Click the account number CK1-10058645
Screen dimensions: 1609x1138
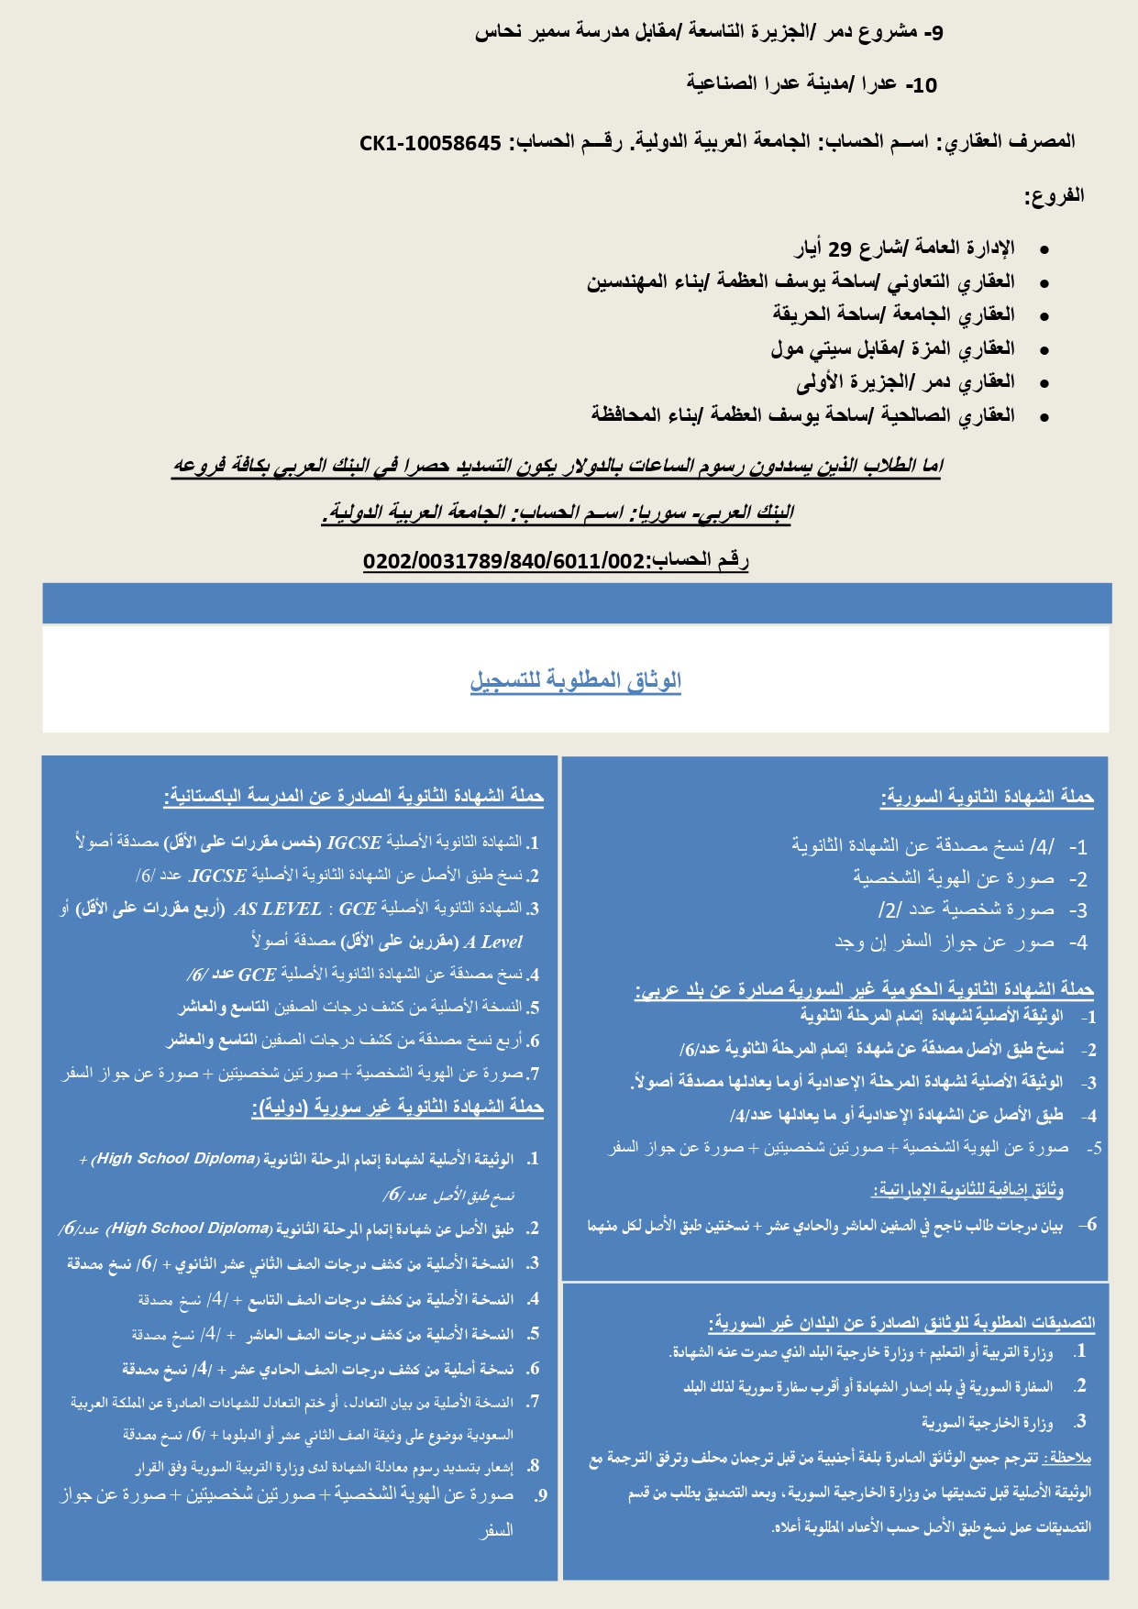coord(430,143)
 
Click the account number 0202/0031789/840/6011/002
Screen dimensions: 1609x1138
coord(504,561)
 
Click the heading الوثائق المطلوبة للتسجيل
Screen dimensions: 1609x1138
coord(575,680)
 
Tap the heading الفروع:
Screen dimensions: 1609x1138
coord(1054,195)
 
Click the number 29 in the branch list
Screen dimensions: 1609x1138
coord(840,248)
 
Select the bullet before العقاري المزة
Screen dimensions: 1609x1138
coord(1044,349)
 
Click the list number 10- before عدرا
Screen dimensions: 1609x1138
coord(922,86)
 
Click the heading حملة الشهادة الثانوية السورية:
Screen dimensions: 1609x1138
coord(987,798)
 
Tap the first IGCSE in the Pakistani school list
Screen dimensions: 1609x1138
coord(354,843)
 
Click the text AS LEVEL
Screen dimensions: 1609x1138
coord(278,909)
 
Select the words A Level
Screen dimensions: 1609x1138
coord(493,942)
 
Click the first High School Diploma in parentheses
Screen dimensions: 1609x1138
coord(176,1159)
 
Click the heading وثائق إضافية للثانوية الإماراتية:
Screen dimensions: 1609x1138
coord(967,1190)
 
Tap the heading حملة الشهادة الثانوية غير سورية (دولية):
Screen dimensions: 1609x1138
coord(397,1108)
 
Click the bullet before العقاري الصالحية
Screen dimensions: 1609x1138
coord(1044,416)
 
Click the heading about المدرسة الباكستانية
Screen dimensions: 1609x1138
coord(353,797)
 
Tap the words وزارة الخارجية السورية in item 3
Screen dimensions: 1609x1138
coord(987,1423)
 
